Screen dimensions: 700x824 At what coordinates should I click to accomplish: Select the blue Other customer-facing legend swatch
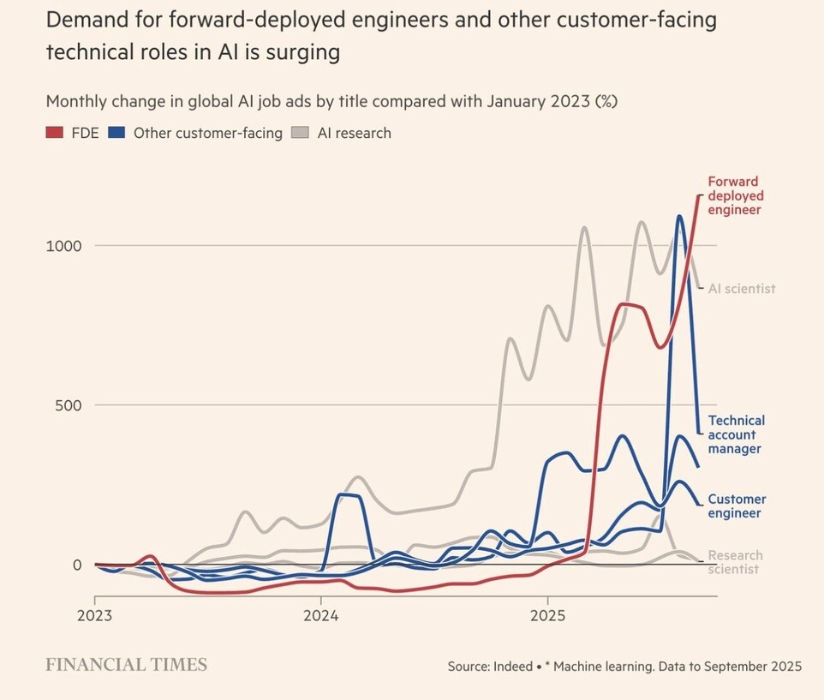117,133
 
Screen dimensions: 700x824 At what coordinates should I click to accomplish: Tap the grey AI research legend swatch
300,133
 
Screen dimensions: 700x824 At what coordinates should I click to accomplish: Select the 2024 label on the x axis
320,616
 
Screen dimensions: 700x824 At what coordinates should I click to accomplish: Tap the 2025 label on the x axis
548,616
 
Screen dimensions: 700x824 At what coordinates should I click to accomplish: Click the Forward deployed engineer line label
734,195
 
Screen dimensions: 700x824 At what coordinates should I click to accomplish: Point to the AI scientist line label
741,289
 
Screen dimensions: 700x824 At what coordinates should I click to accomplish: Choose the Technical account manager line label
736,434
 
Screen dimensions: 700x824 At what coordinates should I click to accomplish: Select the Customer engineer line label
737,506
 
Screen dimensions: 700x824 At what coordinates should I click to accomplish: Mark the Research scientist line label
735,562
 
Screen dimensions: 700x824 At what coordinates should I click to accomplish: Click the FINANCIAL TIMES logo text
126,664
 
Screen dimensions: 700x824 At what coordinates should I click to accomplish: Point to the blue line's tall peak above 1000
679,216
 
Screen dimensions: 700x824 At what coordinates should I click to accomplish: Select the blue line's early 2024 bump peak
346,494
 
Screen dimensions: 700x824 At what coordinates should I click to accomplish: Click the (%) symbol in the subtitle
606,101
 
